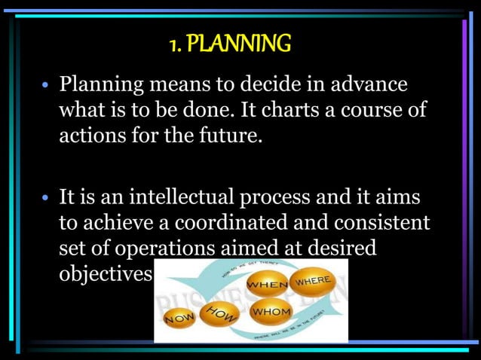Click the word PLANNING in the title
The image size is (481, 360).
pyautogui.click(x=239, y=44)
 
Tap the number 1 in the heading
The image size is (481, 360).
pyautogui.click(x=174, y=44)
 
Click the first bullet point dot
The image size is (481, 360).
pyautogui.click(x=45, y=84)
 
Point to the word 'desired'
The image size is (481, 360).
pyautogui.click(x=340, y=249)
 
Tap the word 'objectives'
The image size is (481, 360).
pyautogui.click(x=106, y=275)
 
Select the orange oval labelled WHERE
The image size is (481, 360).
pyautogui.click(x=313, y=281)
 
